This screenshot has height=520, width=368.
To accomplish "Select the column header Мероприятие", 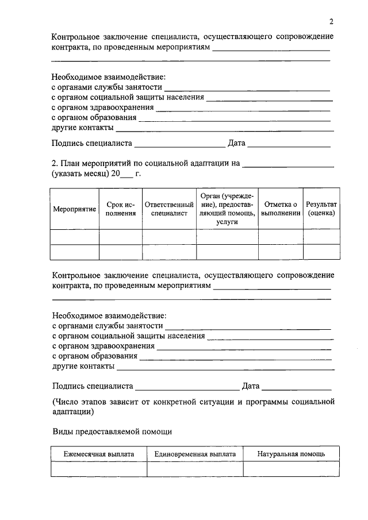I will click(x=75, y=209).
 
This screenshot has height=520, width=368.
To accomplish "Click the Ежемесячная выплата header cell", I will click(x=98, y=454).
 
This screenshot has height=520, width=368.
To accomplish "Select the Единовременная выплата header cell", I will click(x=195, y=454).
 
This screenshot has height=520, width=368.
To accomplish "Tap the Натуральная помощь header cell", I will click(x=291, y=454).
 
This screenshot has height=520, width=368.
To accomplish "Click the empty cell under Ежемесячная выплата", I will click(x=98, y=469).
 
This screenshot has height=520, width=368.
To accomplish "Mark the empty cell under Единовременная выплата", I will click(x=195, y=469).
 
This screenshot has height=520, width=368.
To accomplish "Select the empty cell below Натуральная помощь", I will click(x=291, y=469).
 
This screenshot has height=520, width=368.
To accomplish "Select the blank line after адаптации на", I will click(x=288, y=165).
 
